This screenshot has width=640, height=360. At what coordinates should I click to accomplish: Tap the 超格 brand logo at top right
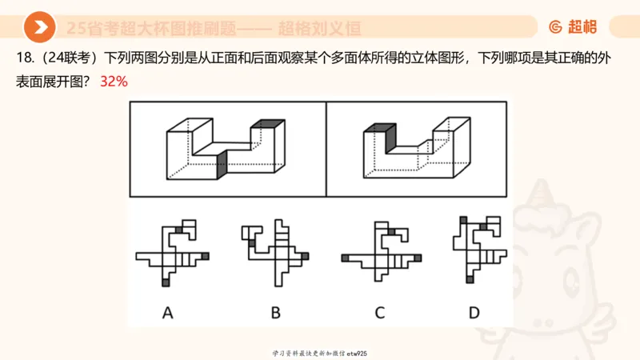tap(573, 27)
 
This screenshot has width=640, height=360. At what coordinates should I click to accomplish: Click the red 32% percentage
tap(114, 82)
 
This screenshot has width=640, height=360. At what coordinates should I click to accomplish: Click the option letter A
tap(168, 313)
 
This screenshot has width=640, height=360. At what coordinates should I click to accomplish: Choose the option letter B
tap(275, 313)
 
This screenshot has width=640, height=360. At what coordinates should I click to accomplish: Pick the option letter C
tap(380, 313)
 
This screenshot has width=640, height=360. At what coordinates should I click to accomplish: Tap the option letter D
tap(474, 313)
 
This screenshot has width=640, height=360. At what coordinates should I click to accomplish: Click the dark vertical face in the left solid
tap(222, 165)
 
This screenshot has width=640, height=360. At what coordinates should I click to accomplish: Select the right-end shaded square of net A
tap(206, 256)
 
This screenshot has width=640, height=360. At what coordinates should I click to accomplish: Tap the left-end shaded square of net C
tap(345, 258)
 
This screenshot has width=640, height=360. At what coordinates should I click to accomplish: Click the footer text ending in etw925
tap(319, 353)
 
